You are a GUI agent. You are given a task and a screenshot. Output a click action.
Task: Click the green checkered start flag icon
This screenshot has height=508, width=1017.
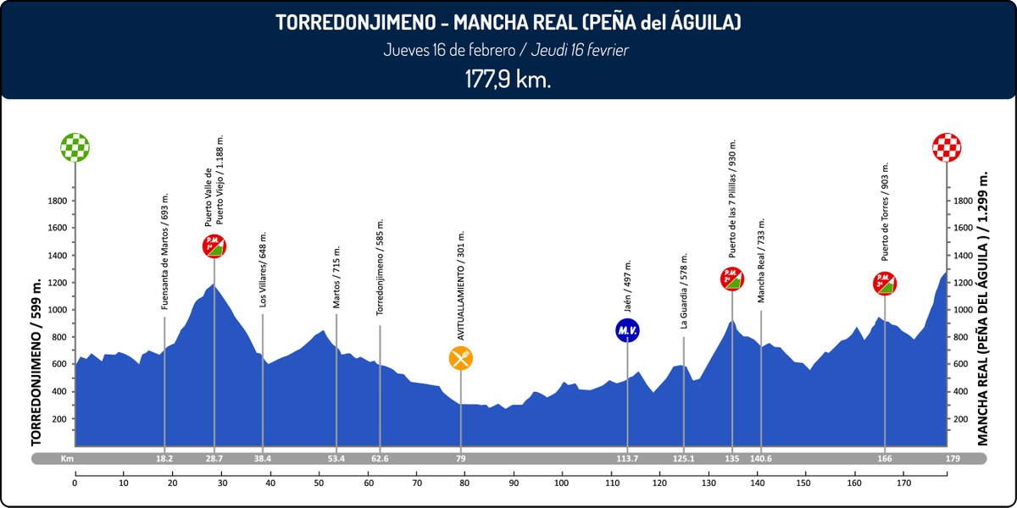pos(75,146)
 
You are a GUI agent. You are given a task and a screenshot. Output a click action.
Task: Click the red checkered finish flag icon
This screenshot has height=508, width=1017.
pos(946,146)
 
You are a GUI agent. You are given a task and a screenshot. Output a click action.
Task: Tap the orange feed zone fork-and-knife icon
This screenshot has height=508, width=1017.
pos(461,358)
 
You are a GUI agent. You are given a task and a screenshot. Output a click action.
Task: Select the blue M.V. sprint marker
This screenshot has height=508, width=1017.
pos(627,330)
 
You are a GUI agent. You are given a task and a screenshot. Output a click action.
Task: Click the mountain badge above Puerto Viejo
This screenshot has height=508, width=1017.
pos(214,246)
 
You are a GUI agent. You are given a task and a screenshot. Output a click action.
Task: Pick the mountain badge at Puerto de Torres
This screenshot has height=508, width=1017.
pos(885,282)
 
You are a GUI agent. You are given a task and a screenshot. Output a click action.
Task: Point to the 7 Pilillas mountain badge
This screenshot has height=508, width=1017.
pos(732,278)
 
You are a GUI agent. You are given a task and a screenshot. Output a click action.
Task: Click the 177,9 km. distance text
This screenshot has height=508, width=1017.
pos(508,79)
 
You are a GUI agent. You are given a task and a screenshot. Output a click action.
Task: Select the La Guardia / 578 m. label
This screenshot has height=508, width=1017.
pos(683,290)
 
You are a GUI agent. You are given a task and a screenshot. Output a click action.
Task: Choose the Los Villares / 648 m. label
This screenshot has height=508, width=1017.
pos(264,269)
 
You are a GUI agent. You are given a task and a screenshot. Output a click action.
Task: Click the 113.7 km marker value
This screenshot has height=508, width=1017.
pos(627,458)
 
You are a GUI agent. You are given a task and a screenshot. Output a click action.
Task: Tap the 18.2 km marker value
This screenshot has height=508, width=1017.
pos(164,458)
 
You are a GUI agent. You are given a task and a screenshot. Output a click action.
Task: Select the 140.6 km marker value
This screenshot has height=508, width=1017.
pos(761,458)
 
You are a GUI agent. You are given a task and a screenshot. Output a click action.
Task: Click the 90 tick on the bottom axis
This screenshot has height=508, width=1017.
pos(514,483)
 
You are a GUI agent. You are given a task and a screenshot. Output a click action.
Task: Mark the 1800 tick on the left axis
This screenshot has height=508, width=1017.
pos(58,201)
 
